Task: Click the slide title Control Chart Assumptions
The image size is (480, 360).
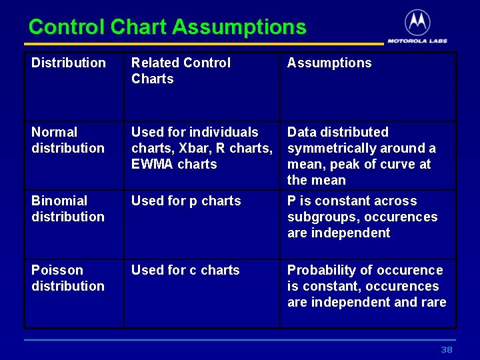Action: tap(167, 27)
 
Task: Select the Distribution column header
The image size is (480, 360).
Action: tap(69, 63)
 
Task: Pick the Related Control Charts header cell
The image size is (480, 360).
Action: tap(181, 71)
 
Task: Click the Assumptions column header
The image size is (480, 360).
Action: tap(329, 63)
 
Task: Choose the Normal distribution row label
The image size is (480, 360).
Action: tap(67, 140)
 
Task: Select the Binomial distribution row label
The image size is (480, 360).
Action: tap(67, 209)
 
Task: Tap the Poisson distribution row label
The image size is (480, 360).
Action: tap(67, 278)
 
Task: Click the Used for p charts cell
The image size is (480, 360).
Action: tap(186, 201)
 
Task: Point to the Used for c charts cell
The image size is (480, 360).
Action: tap(185, 271)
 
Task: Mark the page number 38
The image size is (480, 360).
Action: tap(446, 350)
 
